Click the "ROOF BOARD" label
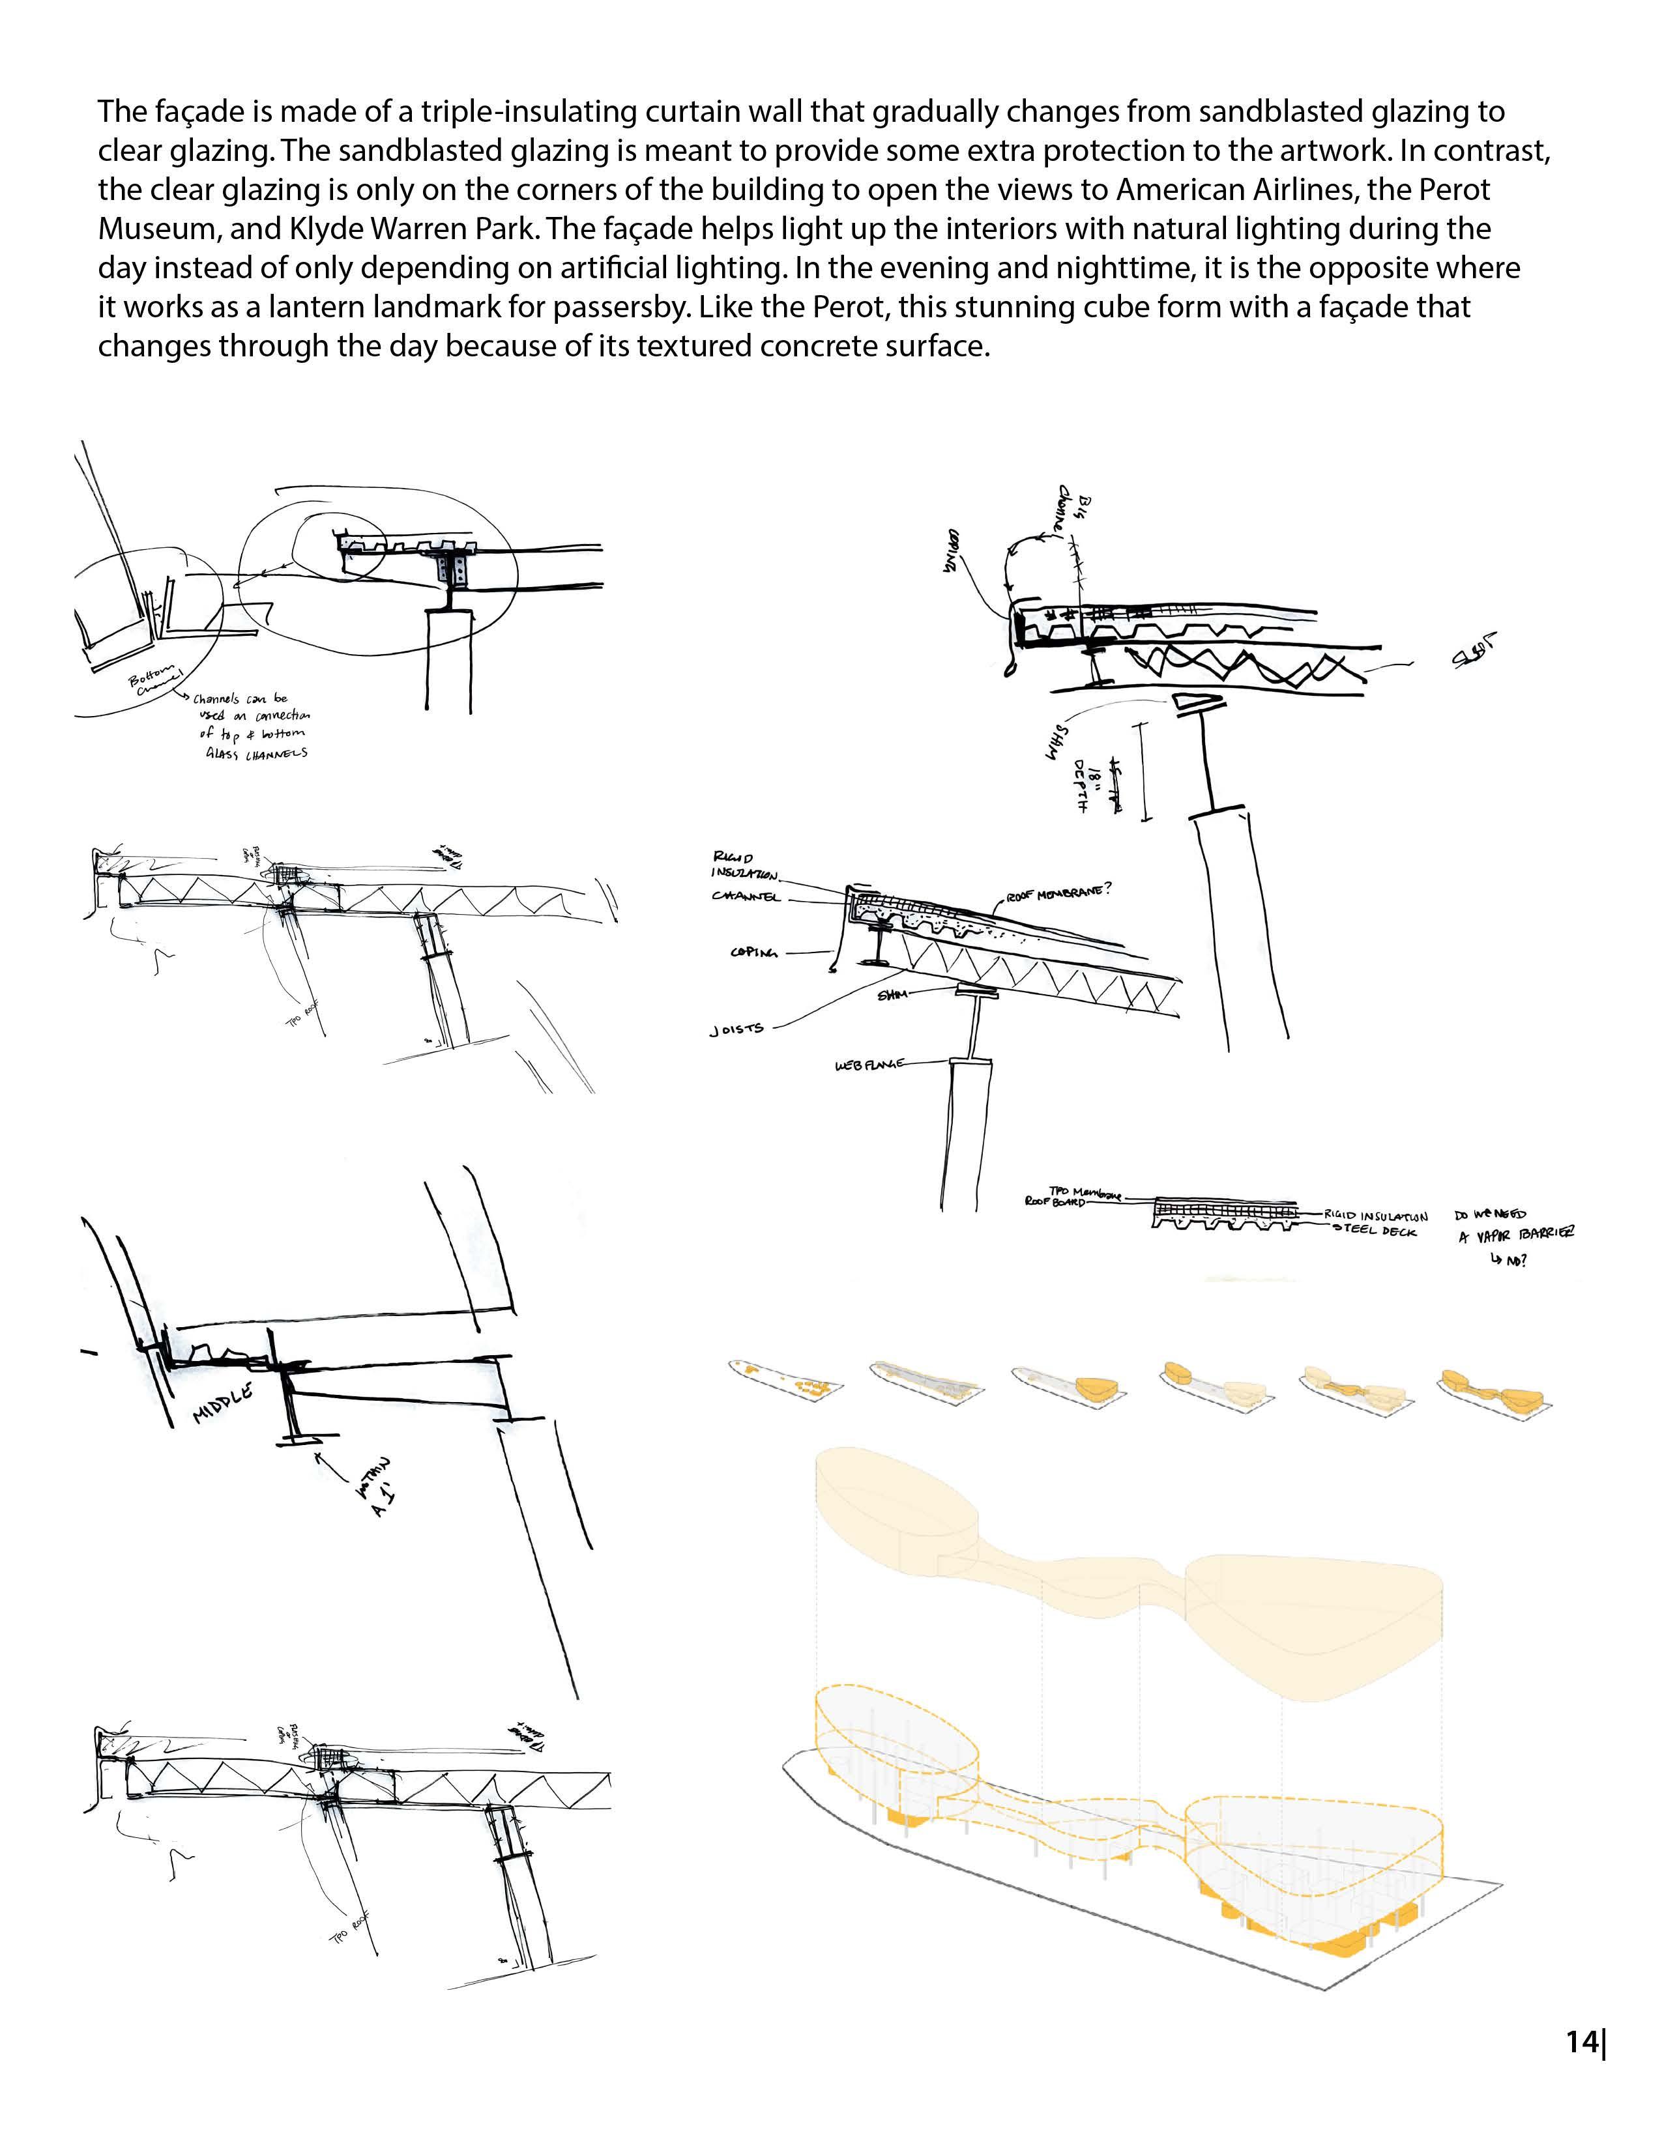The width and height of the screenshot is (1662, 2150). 1055,1203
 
